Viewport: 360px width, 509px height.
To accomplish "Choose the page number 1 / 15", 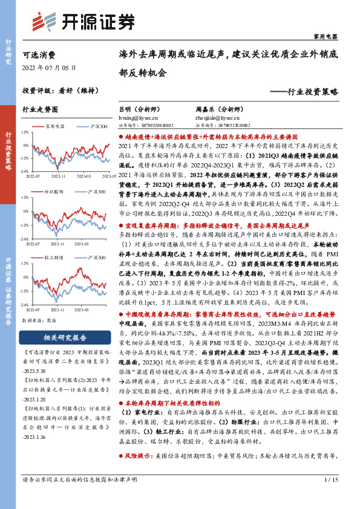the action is click(x=330, y=480).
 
